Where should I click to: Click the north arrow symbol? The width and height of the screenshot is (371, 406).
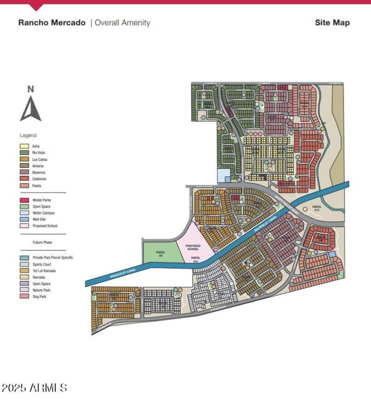tap(31, 109)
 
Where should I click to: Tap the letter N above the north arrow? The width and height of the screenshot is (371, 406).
tap(31, 89)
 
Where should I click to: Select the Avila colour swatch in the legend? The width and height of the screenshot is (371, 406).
tap(24, 146)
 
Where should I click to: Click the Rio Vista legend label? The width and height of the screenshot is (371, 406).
tap(39, 152)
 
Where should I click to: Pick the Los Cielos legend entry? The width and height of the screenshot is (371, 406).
tap(39, 159)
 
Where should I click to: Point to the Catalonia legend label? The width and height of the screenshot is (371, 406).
tap(39, 178)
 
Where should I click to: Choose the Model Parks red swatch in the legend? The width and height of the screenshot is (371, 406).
tap(24, 200)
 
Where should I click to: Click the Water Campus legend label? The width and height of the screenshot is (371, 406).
tap(44, 213)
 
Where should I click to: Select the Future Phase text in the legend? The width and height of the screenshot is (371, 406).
tap(42, 242)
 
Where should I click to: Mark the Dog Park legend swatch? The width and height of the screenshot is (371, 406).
tap(24, 296)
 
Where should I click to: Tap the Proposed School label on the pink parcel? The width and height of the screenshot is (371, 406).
tap(192, 247)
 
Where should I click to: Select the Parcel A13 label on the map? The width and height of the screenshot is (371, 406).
tap(317, 208)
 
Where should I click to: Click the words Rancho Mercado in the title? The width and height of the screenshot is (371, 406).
tap(52, 23)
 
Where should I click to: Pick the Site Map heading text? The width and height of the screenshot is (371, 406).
tap(332, 23)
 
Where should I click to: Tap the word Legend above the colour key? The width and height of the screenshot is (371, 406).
tap(28, 135)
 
